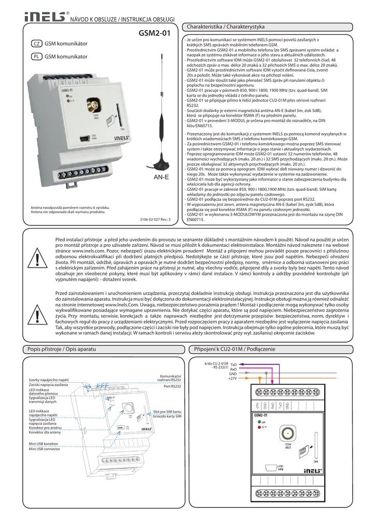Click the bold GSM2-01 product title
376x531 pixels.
pyautogui.click(x=154, y=35)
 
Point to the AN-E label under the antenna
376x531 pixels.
pyautogui.click(x=161, y=177)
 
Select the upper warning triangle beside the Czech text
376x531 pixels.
pyautogui.click(x=38, y=258)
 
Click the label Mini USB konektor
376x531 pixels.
pyautogui.click(x=44, y=444)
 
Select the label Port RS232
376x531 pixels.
pyautogui.click(x=172, y=386)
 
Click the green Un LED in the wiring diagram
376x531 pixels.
pyautogui.click(x=259, y=422)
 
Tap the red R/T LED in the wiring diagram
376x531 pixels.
pyautogui.click(x=259, y=427)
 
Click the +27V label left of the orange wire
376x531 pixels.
pyautogui.click(x=233, y=379)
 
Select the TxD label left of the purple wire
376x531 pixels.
pyautogui.click(x=233, y=365)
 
